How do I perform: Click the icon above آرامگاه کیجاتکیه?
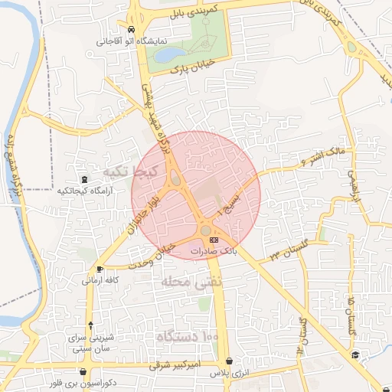[x=83, y=178]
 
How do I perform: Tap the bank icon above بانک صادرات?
[x=213, y=240]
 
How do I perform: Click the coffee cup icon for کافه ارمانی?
[x=100, y=269]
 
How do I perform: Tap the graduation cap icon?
[x=356, y=354]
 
